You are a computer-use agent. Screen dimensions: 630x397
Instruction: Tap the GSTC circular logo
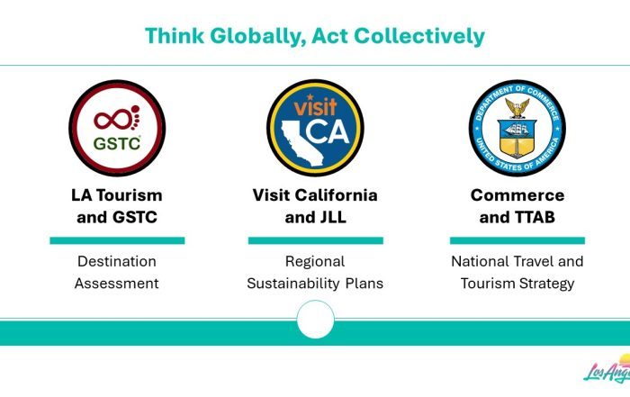[x=117, y=128]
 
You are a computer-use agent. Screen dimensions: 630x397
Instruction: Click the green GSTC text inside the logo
[x=117, y=143]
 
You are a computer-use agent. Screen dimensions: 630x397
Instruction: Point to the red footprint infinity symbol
[x=117, y=118]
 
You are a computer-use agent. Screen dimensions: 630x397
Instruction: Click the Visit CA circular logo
[x=315, y=128]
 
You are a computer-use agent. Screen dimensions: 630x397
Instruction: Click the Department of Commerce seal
[x=517, y=128]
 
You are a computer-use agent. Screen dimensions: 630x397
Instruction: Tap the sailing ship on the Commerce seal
[x=517, y=129]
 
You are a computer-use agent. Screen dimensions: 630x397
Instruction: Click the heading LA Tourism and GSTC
[x=117, y=206]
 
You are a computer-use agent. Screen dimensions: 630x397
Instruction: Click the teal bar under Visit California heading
[x=315, y=240]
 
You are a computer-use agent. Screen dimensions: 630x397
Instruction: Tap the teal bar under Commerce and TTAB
[x=517, y=240]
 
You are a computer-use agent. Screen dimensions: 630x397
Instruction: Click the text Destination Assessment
[x=117, y=273]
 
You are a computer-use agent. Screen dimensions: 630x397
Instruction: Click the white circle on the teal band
[x=315, y=320]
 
